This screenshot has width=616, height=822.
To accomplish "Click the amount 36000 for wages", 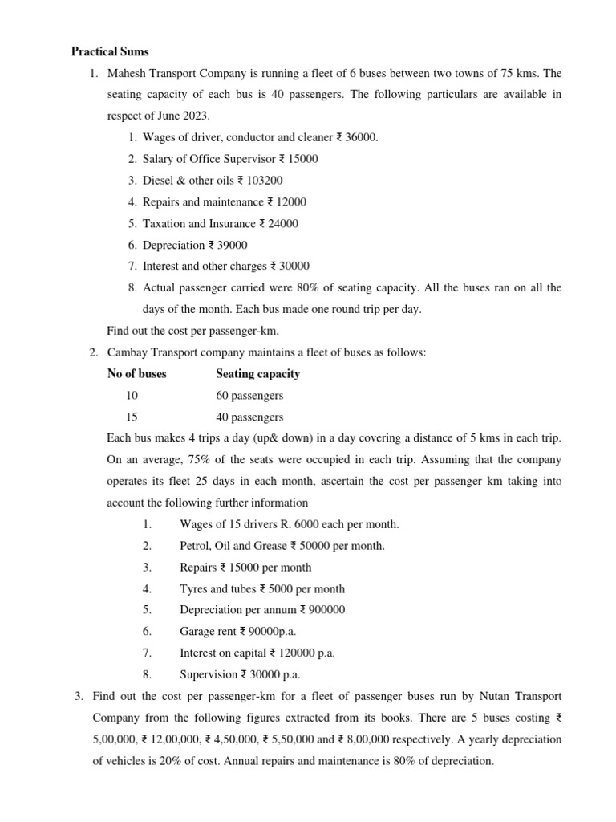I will coord(361,137).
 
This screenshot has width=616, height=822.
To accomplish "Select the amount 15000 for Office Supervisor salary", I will coord(302,159).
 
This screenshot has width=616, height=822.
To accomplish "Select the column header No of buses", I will coord(137,373).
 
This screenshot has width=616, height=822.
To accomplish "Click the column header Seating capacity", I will coord(258,373).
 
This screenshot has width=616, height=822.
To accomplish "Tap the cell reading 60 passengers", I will coord(249,396).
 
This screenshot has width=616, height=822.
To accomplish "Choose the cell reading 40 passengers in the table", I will coord(249,417).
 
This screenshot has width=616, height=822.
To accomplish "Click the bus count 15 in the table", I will coord(132,417).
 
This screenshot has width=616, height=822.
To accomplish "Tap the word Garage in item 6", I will coord(197,631).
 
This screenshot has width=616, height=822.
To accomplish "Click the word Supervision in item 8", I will coord(209,674).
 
